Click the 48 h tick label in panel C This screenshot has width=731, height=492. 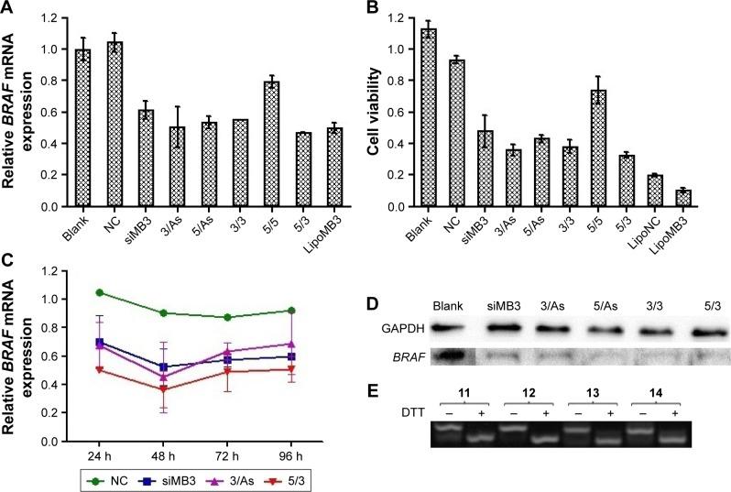[x=138, y=455]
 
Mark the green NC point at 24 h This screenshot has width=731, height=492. [x=73, y=292]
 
